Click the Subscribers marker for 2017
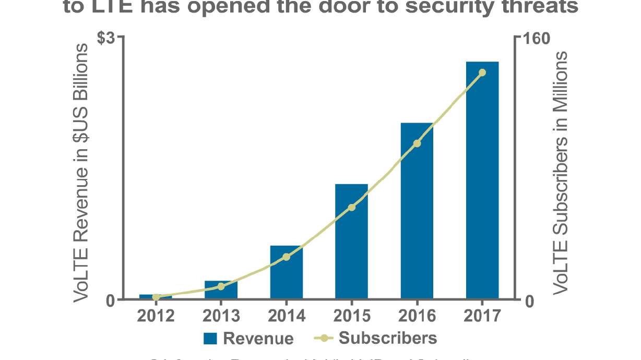coord(482,73)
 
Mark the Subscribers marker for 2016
coord(417,143)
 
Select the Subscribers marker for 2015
coord(351,207)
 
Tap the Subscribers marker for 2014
coord(286,257)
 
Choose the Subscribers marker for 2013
coord(221,286)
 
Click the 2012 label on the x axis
coord(156,316)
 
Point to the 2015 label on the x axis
coord(351,316)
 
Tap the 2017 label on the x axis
coord(482,316)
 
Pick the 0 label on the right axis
coord(529,302)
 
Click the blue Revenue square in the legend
coord(210,338)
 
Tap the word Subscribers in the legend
coord(388,338)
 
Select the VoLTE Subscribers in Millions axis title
coord(561,172)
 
